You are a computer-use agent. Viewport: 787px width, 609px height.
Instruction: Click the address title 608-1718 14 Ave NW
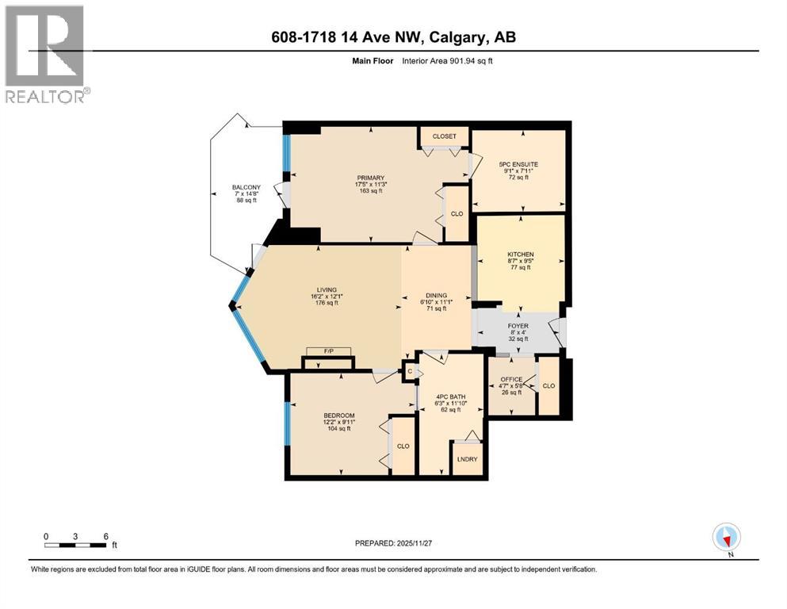click(392, 37)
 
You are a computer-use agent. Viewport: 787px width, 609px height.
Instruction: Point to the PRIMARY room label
click(370, 178)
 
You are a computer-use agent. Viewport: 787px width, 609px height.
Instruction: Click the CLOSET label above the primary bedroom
click(444, 136)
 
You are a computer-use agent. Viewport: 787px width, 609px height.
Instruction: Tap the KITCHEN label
click(521, 255)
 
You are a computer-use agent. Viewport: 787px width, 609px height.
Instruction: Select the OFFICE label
click(511, 379)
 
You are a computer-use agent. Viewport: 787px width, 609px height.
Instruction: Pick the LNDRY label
click(465, 458)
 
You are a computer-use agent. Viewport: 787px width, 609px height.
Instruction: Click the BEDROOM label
click(338, 416)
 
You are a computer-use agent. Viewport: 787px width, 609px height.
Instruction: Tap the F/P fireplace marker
click(328, 351)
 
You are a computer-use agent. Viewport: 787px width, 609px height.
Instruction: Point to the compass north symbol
click(726, 538)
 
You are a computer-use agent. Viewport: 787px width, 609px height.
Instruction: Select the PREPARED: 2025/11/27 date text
click(392, 543)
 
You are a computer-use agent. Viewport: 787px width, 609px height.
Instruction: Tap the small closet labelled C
click(409, 370)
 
